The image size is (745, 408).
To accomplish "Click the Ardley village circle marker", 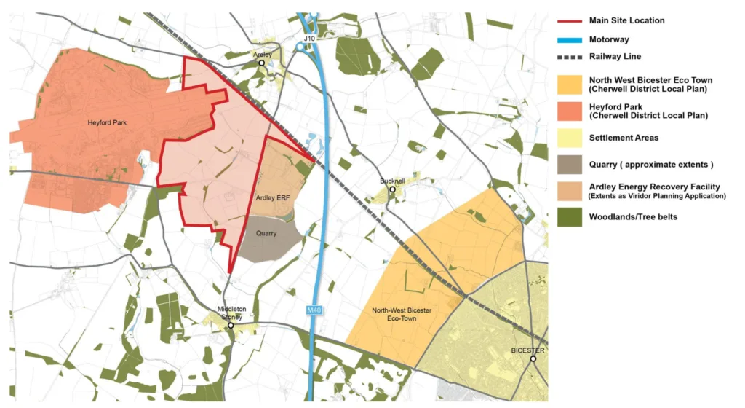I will point(262,63).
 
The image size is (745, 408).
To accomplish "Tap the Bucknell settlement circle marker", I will point(392,189).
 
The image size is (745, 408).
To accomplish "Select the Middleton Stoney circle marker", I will point(231,325).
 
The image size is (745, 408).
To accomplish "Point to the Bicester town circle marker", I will point(533,358).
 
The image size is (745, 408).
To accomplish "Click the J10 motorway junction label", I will point(308,37).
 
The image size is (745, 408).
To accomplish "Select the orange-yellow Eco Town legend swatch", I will point(570,85).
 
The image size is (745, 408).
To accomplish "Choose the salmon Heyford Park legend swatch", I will point(570,110).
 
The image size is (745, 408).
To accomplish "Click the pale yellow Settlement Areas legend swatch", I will point(570,138).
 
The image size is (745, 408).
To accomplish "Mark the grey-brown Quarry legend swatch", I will point(570,164).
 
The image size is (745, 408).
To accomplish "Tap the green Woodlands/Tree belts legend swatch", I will point(570,216).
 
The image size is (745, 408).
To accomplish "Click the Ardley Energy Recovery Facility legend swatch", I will point(570,190).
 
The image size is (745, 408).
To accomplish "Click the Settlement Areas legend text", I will point(624,138).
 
